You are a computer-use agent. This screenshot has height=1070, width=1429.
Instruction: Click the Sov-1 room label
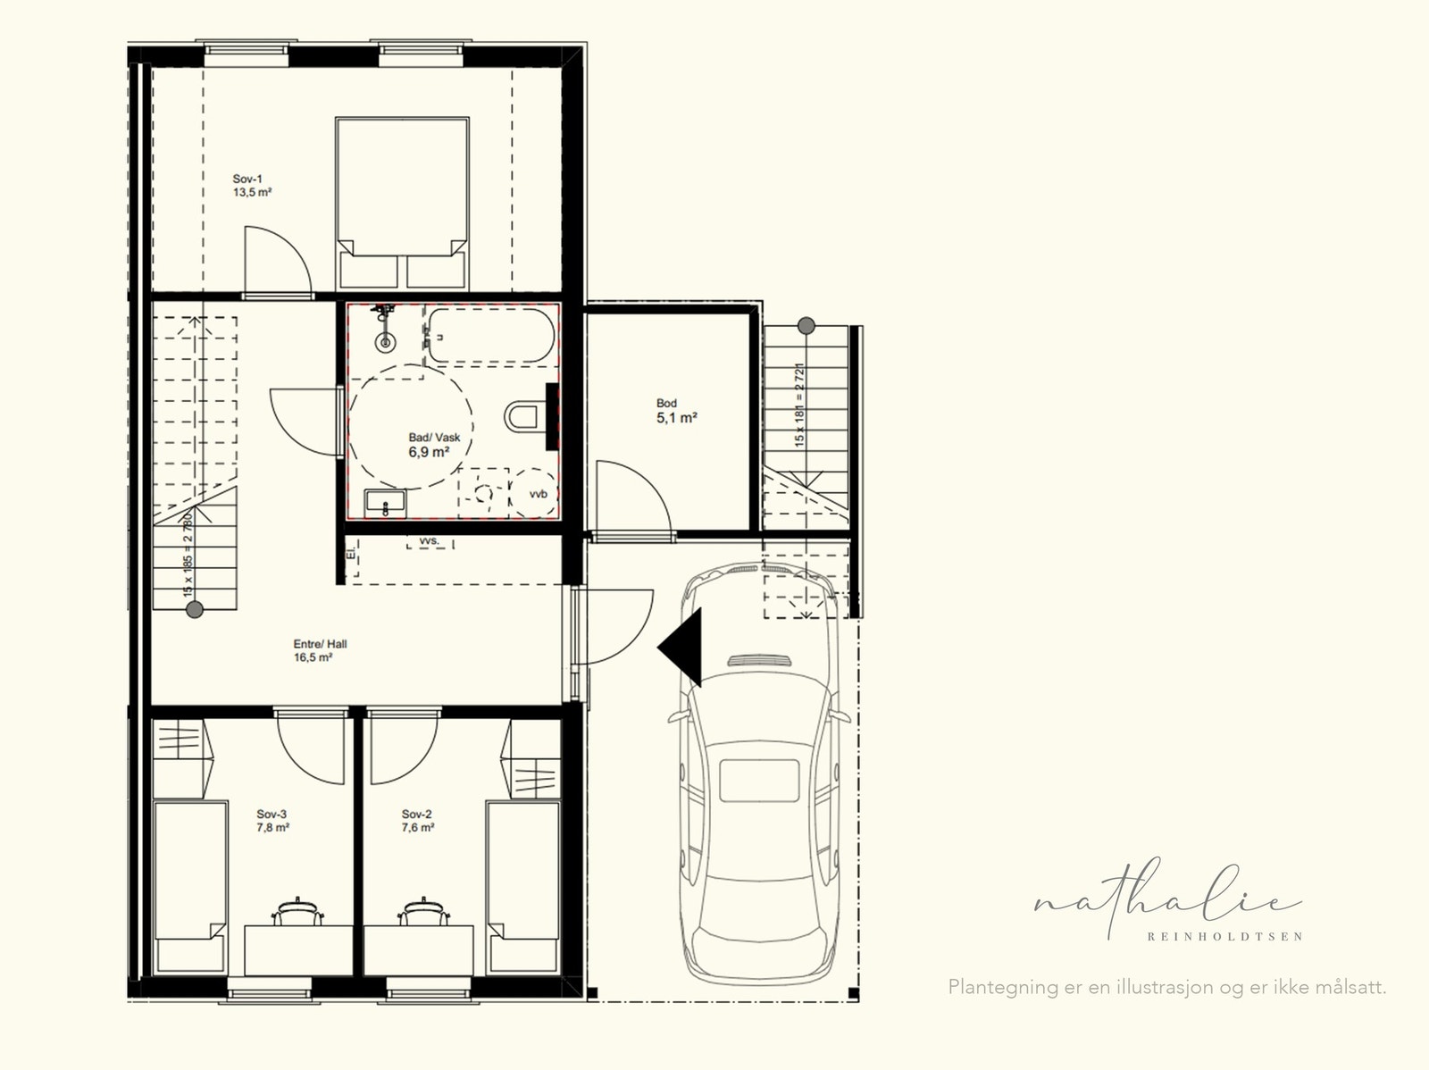coord(247,180)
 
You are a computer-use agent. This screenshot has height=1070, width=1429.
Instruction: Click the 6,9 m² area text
coord(429,453)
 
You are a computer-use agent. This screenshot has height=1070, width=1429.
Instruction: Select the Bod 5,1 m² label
coord(676,410)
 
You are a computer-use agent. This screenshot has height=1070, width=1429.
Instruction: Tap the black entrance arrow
coord(682,647)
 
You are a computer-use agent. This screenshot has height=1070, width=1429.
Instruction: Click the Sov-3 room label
coord(272,814)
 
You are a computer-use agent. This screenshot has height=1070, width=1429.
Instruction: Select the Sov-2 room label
coord(417,814)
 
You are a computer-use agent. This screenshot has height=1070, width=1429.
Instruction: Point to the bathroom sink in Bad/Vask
coord(385,504)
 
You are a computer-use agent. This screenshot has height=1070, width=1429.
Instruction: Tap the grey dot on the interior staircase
coord(194,610)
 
